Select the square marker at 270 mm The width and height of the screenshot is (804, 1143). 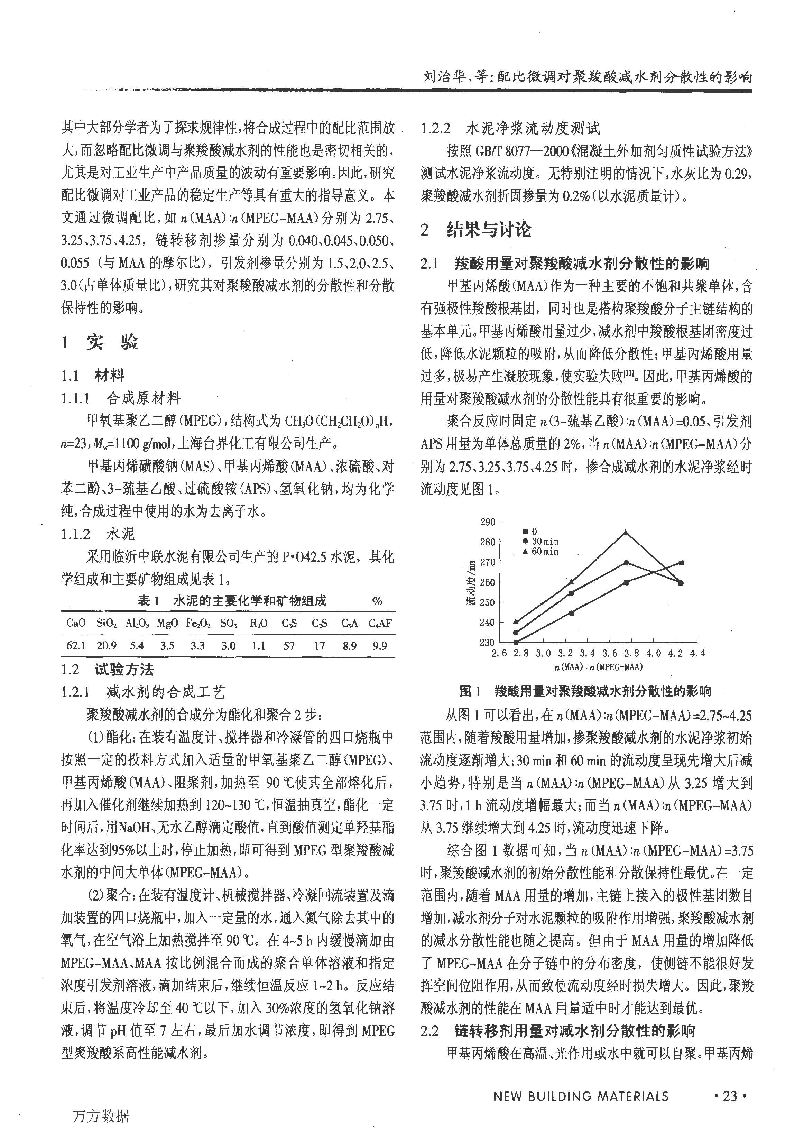click(x=681, y=563)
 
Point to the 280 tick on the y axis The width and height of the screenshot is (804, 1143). click(x=488, y=542)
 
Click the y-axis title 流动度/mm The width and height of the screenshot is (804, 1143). click(x=470, y=582)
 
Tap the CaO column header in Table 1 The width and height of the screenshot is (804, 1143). click(x=76, y=623)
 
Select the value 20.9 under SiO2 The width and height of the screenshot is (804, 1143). click(x=107, y=646)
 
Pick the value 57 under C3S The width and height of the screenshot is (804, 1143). click(x=289, y=646)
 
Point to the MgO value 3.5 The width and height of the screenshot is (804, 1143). click(x=167, y=646)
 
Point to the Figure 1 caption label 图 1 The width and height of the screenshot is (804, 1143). click(x=470, y=691)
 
